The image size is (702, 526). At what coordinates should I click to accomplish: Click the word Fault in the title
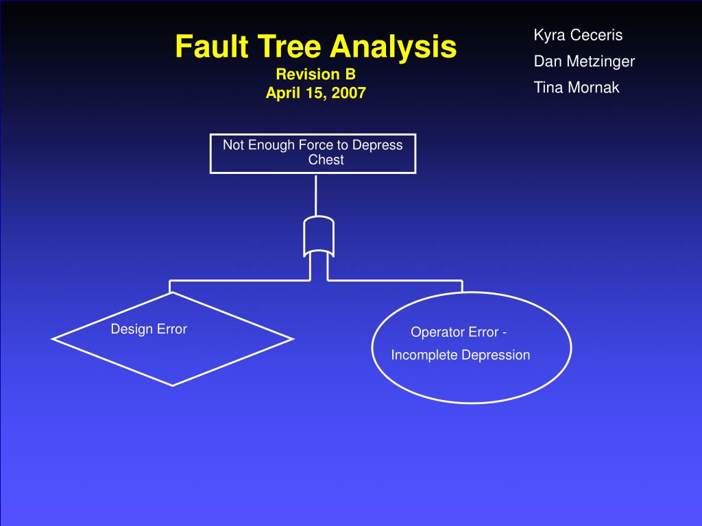(204, 47)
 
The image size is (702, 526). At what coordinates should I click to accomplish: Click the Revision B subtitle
(315, 74)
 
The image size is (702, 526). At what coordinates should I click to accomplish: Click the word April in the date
(284, 92)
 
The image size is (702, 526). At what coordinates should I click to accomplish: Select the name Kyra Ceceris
(578, 36)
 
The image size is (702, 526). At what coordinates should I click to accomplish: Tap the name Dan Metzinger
(584, 62)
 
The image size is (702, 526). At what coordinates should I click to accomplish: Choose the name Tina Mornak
(577, 88)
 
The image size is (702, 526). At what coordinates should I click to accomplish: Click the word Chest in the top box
(326, 160)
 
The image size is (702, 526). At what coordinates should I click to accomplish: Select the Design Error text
(149, 329)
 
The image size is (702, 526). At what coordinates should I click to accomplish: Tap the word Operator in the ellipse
(435, 332)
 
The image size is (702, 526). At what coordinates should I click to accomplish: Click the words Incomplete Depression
(461, 355)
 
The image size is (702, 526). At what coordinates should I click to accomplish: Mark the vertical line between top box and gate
(316, 195)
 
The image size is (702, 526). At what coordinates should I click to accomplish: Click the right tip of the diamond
(292, 338)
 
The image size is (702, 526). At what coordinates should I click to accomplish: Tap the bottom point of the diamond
(172, 384)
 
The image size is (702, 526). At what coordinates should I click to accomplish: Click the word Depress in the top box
(378, 145)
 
